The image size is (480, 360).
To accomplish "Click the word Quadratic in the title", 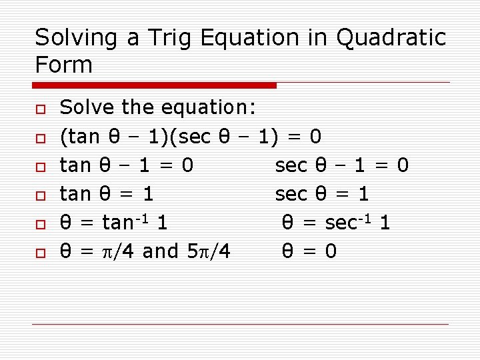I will coord(391,39).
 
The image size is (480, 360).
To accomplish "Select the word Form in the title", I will coord(63,65).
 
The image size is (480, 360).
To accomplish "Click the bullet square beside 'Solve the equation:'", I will coord(40,109).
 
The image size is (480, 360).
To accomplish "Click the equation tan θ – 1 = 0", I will coord(127,165).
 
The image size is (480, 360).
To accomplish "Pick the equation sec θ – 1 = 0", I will coord(341,165).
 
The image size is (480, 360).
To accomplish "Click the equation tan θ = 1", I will coord(107,194).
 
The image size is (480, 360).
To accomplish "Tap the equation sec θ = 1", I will coord(321,194).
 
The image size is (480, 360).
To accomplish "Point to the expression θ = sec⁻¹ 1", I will coord(336,222).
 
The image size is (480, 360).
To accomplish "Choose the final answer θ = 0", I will coord(309,251).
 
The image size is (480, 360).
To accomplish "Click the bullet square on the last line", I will coord(40,253).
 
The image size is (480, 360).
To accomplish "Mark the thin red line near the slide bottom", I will coord(240,324).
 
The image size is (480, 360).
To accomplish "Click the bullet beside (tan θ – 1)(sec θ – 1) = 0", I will coord(40,138).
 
